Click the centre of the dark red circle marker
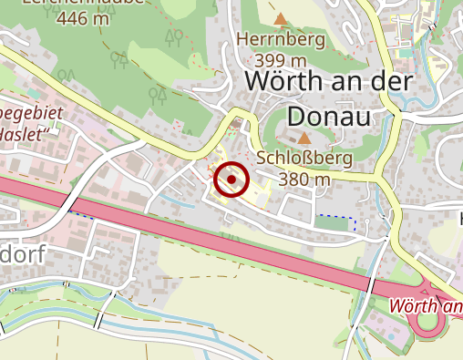232,180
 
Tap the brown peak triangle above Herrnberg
280,18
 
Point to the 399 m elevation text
280,59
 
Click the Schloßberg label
304,158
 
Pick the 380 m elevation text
304,179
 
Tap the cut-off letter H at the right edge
458,218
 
